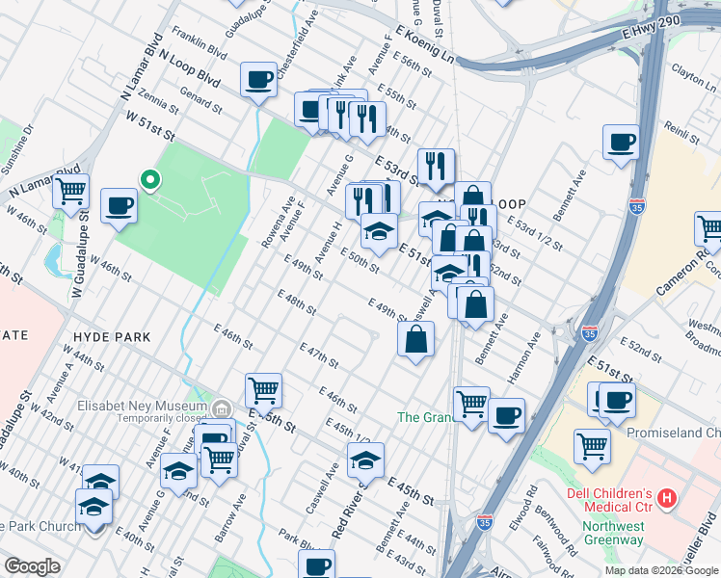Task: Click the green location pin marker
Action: (149, 179)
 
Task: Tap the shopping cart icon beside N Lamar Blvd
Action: (70, 193)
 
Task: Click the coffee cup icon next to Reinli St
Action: (621, 142)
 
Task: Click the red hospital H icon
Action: (666, 499)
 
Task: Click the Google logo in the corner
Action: (31, 565)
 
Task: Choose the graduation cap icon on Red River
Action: (366, 460)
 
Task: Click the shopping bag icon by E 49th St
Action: (415, 339)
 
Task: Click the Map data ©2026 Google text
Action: (661, 570)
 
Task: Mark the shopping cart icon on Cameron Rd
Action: (709, 230)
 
